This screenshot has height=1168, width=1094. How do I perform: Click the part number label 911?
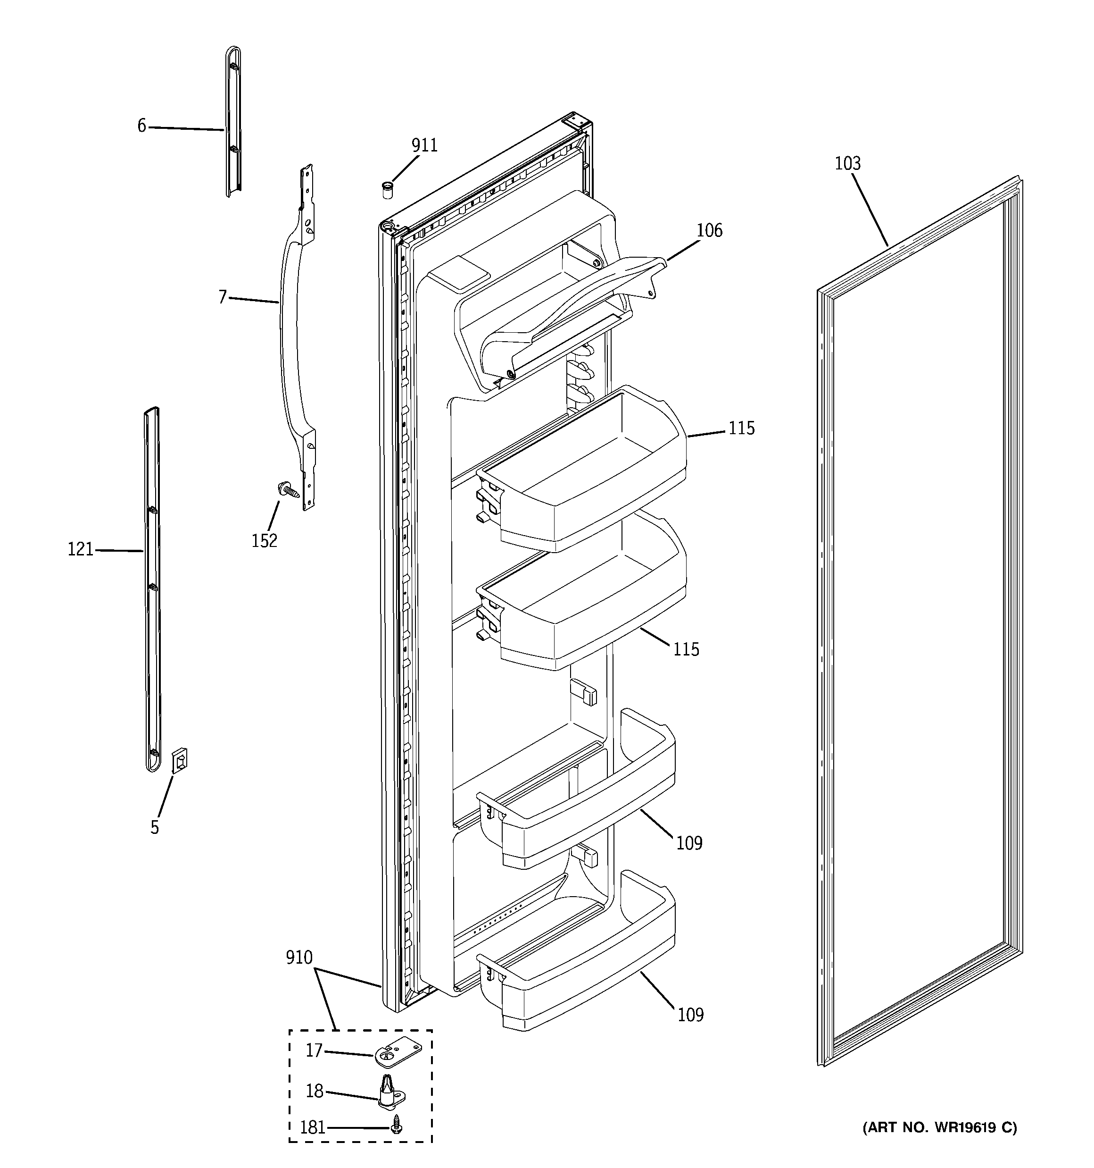[x=424, y=145]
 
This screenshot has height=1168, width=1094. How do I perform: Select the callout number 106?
[x=709, y=230]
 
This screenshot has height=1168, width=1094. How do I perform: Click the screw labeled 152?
[x=288, y=487]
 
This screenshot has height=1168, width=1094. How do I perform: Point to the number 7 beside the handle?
[x=223, y=298]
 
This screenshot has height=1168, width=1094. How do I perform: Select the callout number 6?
[x=141, y=126]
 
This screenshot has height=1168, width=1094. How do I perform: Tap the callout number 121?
[x=81, y=549]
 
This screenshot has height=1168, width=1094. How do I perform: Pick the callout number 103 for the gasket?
[x=847, y=163]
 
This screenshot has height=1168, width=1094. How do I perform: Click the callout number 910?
[x=299, y=958]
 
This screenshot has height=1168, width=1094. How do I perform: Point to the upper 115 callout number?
[x=741, y=429]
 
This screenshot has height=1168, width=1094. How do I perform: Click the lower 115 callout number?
[x=686, y=649]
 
